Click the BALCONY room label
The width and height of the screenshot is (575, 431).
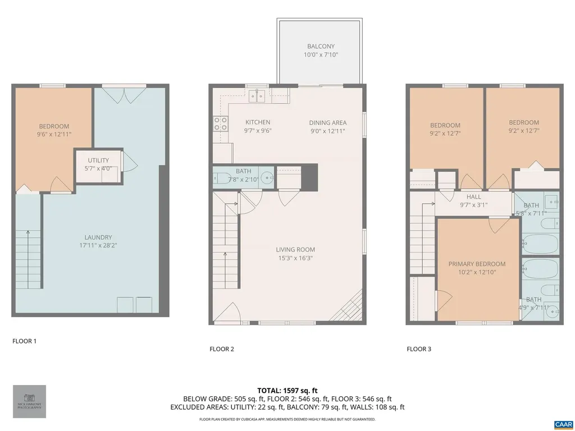[321, 46]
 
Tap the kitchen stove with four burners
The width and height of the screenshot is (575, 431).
[220, 123]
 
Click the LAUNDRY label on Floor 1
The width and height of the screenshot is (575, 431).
[98, 237]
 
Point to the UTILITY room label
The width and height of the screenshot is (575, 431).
[98, 161]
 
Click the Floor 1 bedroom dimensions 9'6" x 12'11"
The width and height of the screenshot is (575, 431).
[54, 134]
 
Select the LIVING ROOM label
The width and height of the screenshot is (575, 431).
[295, 250]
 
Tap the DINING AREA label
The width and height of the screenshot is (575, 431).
[327, 123]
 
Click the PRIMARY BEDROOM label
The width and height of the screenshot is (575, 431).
[477, 264]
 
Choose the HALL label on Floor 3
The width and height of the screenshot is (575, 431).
[474, 197]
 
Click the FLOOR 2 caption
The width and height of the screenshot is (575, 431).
[222, 349]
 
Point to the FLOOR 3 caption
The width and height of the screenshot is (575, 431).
[419, 349]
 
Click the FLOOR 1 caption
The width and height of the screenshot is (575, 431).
[24, 341]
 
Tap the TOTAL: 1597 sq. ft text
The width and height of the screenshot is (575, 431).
[287, 390]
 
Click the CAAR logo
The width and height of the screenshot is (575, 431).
[563, 424]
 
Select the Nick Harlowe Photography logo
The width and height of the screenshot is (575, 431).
[29, 401]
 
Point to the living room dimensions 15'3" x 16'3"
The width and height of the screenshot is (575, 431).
[295, 258]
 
